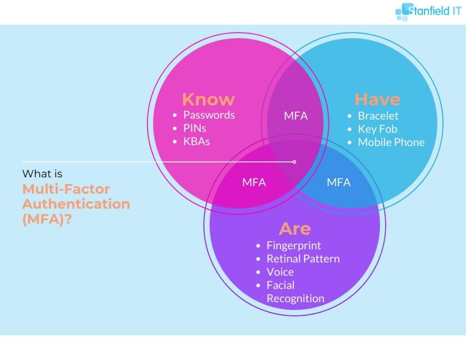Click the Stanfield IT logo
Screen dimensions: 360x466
[x=428, y=11]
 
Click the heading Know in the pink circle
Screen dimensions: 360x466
[x=208, y=99]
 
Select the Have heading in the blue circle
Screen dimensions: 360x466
[x=378, y=99]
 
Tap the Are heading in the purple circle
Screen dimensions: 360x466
[x=295, y=229]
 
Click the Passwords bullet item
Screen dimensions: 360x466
[x=209, y=115]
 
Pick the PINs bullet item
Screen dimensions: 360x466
[x=194, y=128]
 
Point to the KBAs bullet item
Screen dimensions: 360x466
[x=196, y=141]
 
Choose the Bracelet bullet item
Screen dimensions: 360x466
[x=378, y=116]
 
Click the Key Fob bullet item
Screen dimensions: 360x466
[x=378, y=129]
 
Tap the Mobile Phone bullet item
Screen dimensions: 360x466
[x=391, y=142]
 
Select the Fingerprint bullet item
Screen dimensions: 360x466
[x=293, y=245]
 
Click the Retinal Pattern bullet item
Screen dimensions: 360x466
[x=303, y=259]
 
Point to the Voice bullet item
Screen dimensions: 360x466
[x=280, y=272]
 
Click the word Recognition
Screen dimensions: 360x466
[x=295, y=299]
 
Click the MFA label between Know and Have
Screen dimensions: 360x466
[x=296, y=116]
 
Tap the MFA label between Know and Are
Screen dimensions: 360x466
[x=254, y=182]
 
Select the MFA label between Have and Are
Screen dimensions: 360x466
[x=339, y=182]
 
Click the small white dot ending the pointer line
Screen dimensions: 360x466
[x=294, y=162]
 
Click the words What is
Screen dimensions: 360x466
[x=42, y=174]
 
